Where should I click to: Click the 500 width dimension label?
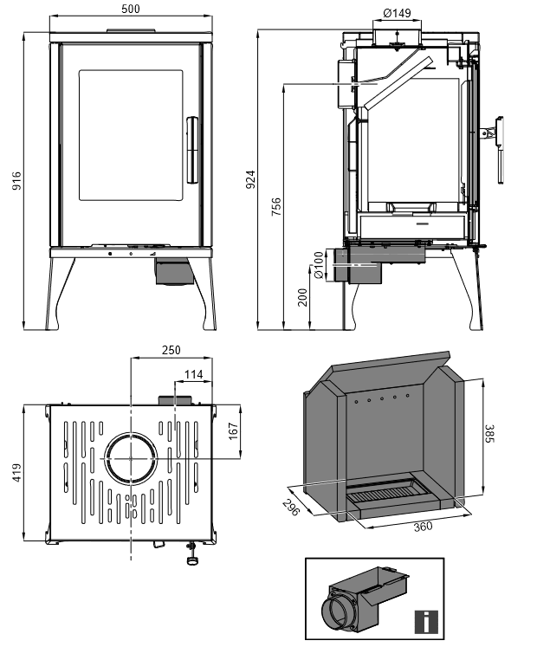pyautogui.click(x=131, y=9)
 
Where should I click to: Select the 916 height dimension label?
pyautogui.click(x=16, y=181)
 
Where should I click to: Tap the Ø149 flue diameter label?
pyautogui.click(x=397, y=13)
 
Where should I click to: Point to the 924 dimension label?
pyautogui.click(x=250, y=179)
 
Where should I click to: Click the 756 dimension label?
pyautogui.click(x=276, y=207)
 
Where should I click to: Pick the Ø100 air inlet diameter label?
pyautogui.click(x=319, y=265)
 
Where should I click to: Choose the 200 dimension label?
pyautogui.click(x=302, y=297)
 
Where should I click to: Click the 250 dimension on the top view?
pyautogui.click(x=171, y=350)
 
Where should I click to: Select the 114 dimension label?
pyautogui.click(x=193, y=374)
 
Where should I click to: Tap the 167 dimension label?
pyautogui.click(x=233, y=431)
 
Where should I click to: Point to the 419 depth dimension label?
pyautogui.click(x=16, y=472)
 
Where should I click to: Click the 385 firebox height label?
pyautogui.click(x=489, y=434)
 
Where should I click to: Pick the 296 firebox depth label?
pyautogui.click(x=290, y=508)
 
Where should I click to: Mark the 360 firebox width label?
pyautogui.click(x=423, y=526)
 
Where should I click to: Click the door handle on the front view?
pyautogui.click(x=192, y=150)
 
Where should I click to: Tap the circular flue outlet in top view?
pyautogui.click(x=131, y=458)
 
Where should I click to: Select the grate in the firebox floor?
pyautogui.click(x=386, y=493)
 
